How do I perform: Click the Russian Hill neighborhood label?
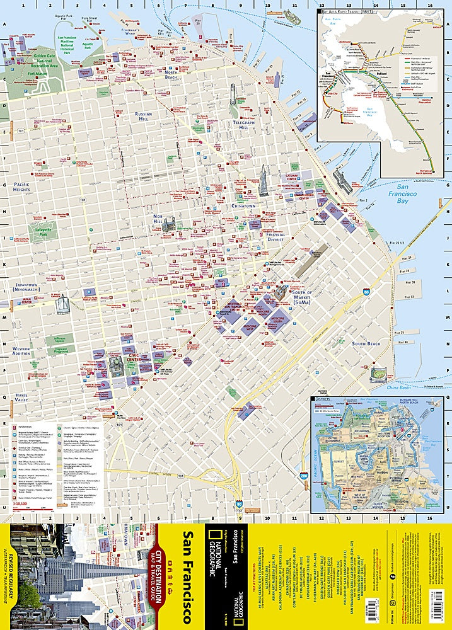pyautogui.click(x=139, y=118)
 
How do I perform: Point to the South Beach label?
pyautogui.click(x=366, y=343)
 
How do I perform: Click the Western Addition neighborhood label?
pyautogui.click(x=21, y=350)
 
